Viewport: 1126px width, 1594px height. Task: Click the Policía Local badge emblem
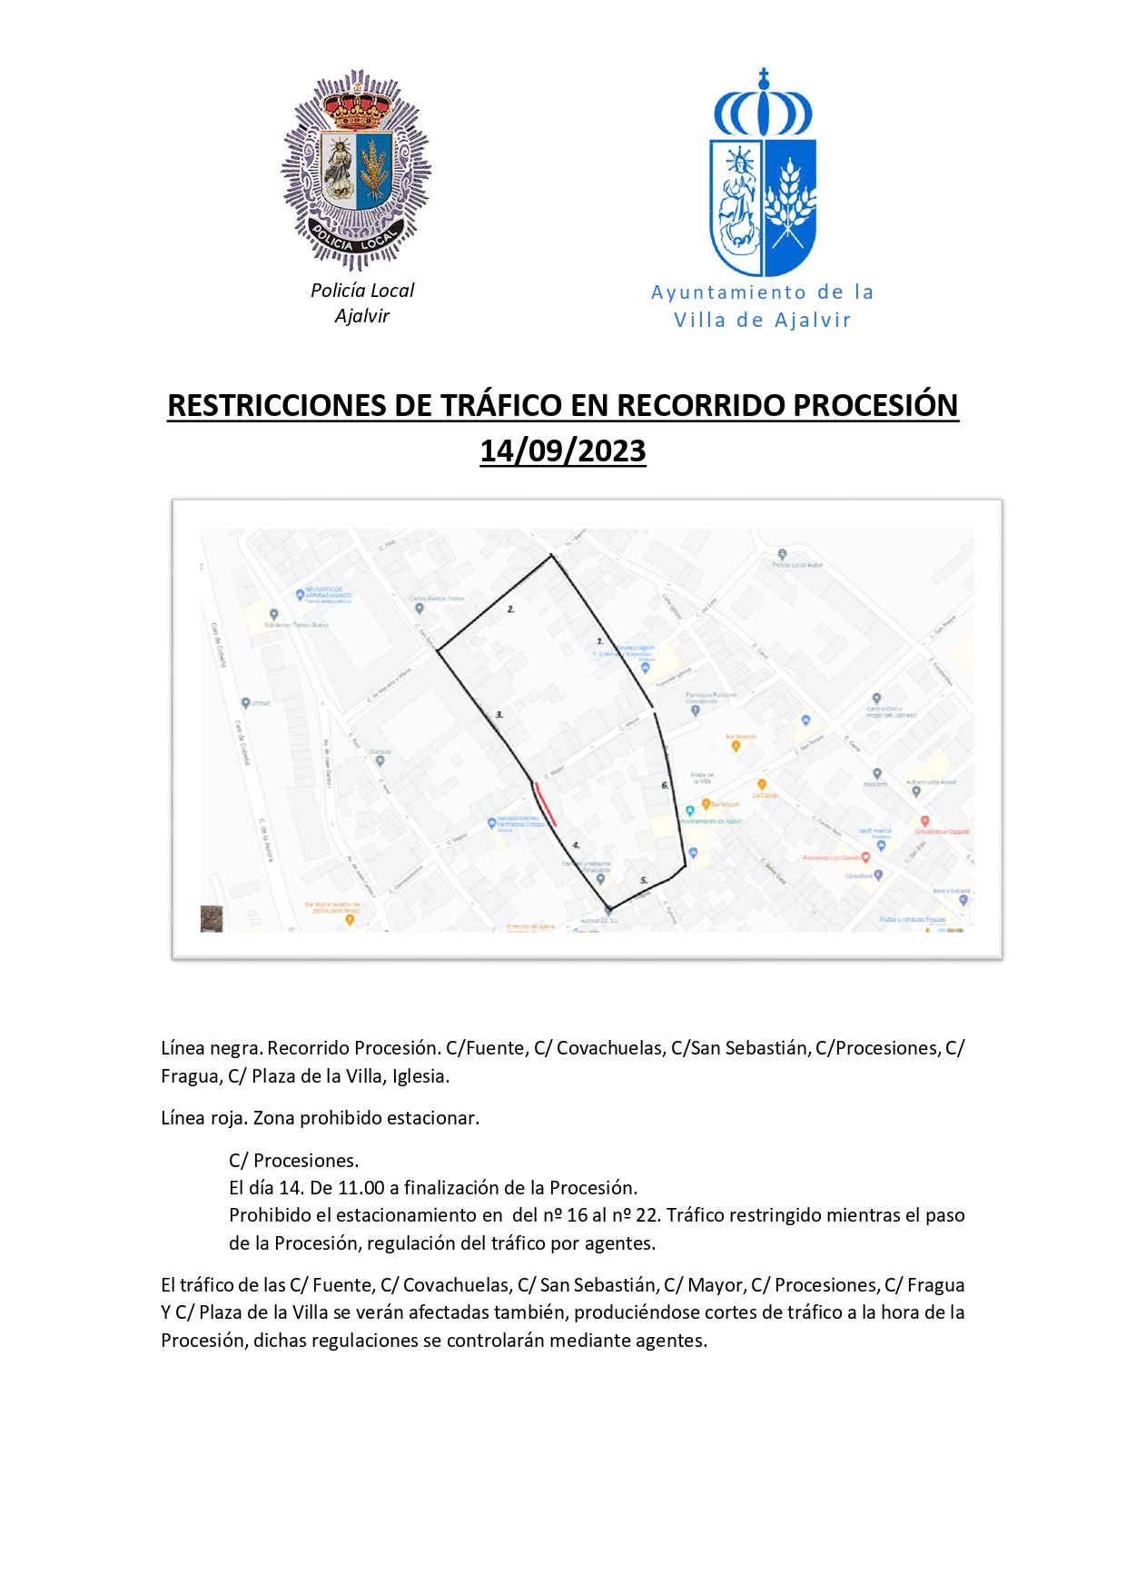tap(356, 170)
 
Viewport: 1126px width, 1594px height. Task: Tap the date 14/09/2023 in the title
tap(562, 450)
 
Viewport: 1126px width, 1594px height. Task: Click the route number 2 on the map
tap(510, 609)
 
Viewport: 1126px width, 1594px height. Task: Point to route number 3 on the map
tap(499, 716)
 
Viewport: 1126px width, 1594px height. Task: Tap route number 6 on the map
tap(665, 786)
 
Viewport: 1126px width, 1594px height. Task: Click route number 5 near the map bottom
tap(644, 880)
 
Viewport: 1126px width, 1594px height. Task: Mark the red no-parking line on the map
tap(545, 805)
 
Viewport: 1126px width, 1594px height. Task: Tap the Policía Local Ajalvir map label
tap(797, 565)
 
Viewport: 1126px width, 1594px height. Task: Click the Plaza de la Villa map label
tap(702, 778)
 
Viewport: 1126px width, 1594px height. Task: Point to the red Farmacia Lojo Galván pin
tap(865, 856)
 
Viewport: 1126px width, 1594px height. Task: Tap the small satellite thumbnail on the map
tap(212, 918)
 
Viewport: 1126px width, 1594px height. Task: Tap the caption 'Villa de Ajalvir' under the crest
tap(762, 321)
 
